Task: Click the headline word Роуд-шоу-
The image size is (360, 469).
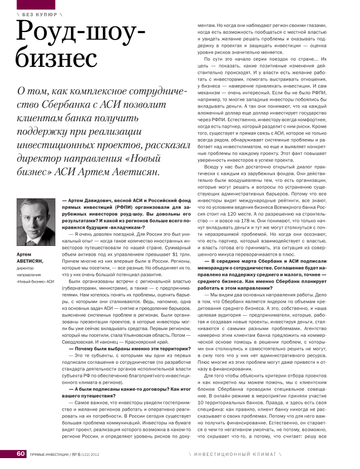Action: [81, 34]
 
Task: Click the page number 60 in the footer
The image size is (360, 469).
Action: [20, 454]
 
